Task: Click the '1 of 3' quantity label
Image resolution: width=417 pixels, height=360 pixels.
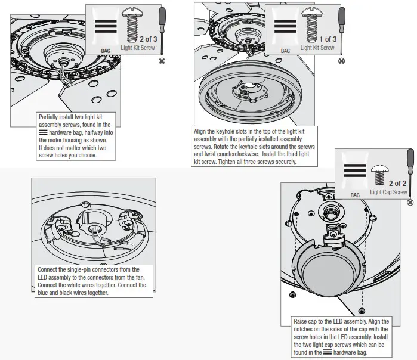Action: [326, 39]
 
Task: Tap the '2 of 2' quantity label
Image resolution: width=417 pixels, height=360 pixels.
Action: [397, 184]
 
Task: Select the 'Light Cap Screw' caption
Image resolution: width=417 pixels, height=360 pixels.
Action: [388, 192]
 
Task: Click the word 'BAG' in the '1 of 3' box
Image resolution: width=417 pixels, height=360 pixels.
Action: [285, 51]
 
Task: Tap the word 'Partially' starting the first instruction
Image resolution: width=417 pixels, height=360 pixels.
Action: [50, 117]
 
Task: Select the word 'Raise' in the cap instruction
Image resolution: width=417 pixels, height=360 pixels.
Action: [300, 322]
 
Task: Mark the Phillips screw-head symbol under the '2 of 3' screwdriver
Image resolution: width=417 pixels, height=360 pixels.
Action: [161, 60]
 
